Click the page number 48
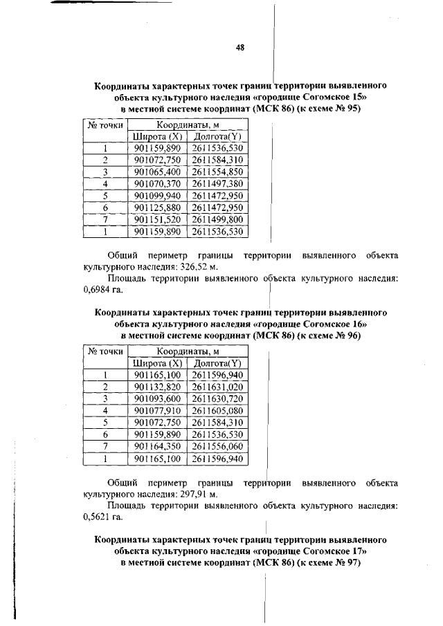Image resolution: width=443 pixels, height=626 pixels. point(239,48)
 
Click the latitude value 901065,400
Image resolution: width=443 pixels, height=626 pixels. point(157,172)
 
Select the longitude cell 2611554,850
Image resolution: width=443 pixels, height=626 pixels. point(218,172)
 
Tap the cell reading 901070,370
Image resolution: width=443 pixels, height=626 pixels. point(157,183)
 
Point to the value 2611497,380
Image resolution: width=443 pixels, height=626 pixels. point(218,183)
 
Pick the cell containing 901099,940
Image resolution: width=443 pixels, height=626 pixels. point(157,196)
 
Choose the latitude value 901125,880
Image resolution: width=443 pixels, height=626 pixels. point(157,208)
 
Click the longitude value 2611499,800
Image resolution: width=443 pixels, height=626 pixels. point(218,219)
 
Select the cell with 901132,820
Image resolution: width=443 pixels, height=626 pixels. point(157,387)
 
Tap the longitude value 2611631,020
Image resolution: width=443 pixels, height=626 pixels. point(218,387)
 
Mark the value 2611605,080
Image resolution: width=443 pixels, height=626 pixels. point(218,411)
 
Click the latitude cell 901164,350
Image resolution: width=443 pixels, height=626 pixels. point(157,446)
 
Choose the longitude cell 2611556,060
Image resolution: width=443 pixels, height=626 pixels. point(218,446)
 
